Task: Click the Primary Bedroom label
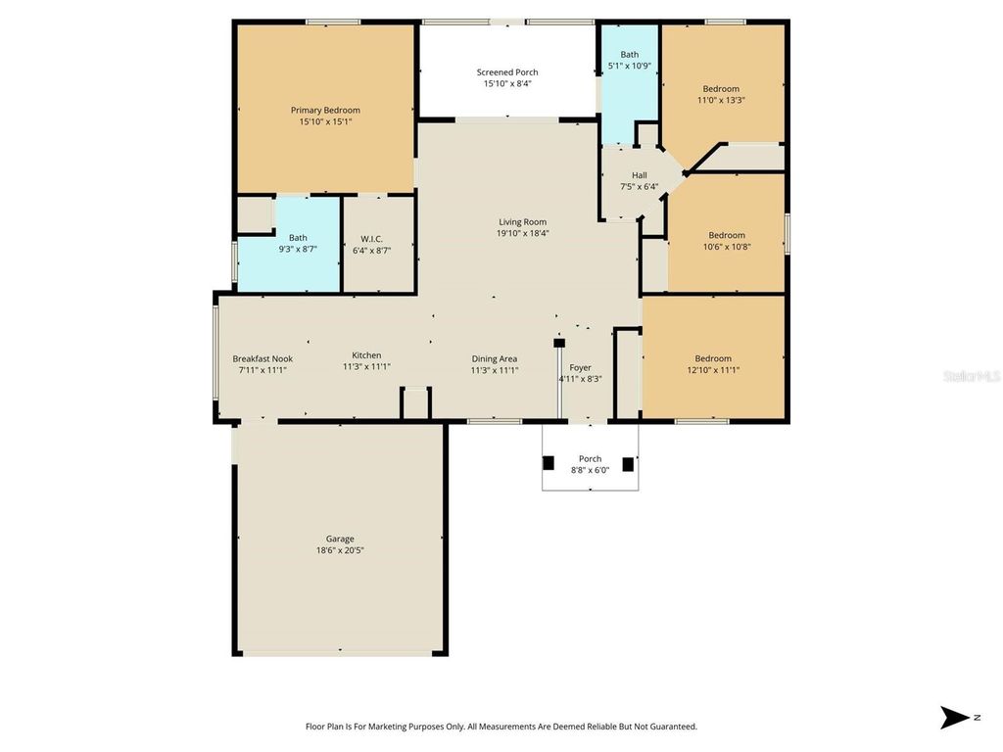point(325,110)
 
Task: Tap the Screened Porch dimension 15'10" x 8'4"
point(507,84)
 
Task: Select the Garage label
point(340,539)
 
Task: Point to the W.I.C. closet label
point(371,238)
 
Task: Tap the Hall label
point(639,176)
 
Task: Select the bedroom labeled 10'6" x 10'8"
point(727,235)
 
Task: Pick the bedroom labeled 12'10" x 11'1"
point(713,358)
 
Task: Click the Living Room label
point(522,222)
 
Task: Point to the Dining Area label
point(494,358)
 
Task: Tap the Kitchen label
point(366,355)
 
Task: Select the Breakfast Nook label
point(263,358)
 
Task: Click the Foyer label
point(580,368)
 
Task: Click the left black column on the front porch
point(549,462)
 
